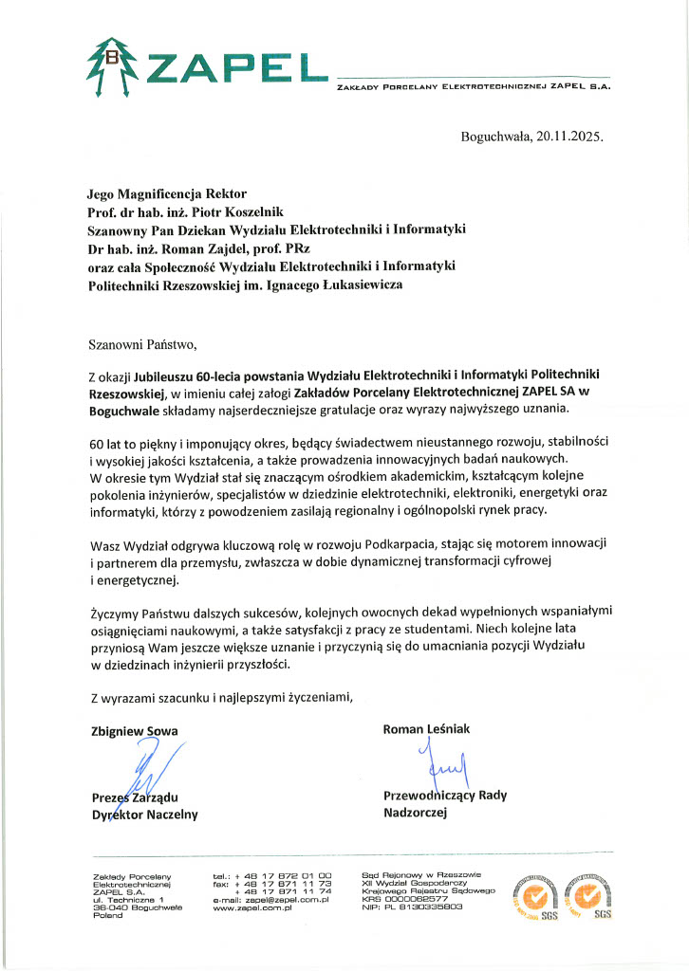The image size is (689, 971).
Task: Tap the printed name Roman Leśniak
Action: point(426,729)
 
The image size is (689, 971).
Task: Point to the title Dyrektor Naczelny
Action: point(143,814)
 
